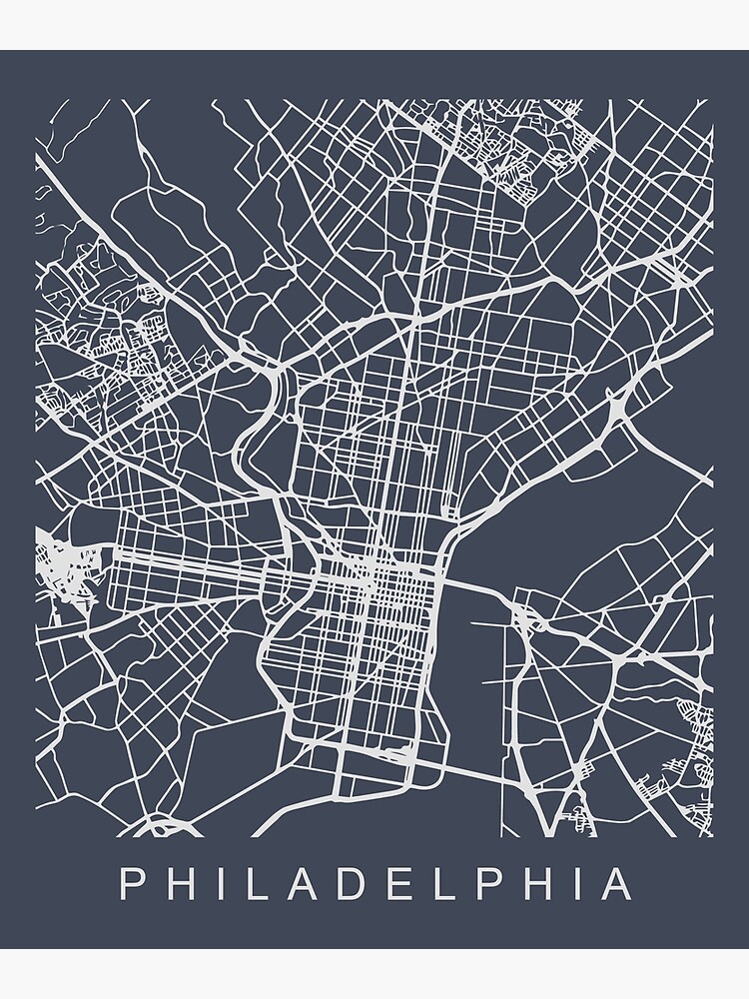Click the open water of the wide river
469,679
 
